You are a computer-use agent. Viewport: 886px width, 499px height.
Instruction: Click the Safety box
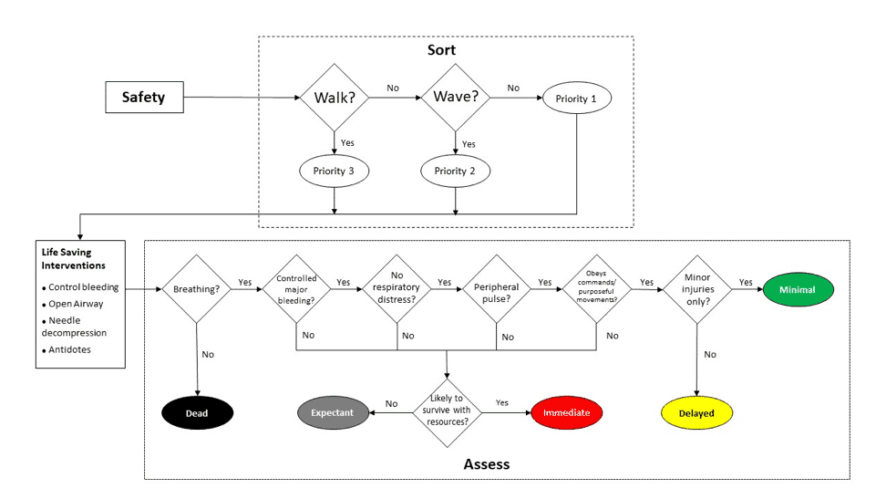143,97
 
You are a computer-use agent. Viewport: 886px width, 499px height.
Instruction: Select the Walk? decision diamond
334,97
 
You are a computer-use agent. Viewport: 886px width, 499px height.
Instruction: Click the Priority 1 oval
576,97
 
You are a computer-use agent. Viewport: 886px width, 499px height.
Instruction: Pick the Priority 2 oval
455,171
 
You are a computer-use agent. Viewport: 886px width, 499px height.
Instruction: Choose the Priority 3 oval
335,171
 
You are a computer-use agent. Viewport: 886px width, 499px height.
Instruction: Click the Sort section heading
441,50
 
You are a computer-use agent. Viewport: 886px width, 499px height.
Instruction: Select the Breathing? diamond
196,289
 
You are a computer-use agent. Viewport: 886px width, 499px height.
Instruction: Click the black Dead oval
197,412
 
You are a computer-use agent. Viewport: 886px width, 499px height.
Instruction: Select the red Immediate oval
566,412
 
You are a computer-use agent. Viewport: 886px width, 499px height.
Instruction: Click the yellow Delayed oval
696,412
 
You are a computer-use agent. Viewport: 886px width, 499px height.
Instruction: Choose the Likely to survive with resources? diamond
448,412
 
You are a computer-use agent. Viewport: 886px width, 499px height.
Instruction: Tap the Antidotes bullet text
70,349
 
